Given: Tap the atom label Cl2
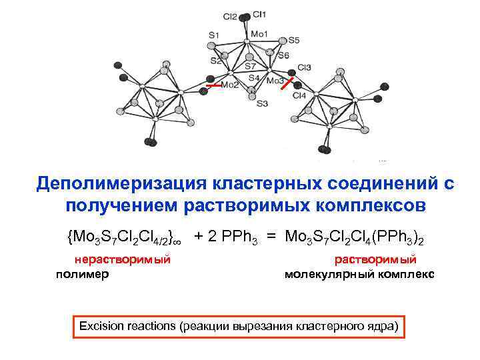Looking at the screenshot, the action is click(x=230, y=15).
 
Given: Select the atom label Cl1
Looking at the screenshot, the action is click(x=260, y=14).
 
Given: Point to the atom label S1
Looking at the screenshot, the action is click(x=213, y=35).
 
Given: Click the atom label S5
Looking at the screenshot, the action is click(x=294, y=41).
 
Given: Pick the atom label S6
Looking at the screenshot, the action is click(x=283, y=55).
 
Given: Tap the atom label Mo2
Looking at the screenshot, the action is click(x=230, y=86).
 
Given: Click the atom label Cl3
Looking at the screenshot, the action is click(x=305, y=67).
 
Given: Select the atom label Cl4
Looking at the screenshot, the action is click(x=299, y=96).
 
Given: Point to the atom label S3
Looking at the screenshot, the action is click(x=261, y=103).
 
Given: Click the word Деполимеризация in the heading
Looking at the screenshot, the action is click(x=119, y=183).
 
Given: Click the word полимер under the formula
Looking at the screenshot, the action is click(x=83, y=273).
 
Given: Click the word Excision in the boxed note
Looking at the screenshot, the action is click(x=101, y=326).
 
